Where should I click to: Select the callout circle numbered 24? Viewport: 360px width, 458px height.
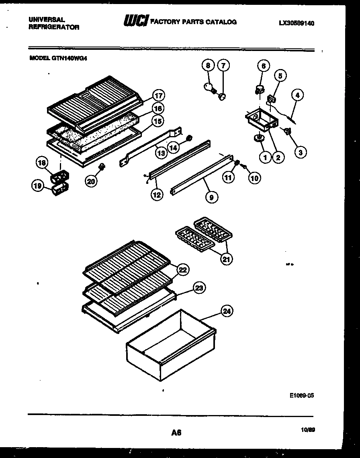(x=227, y=311)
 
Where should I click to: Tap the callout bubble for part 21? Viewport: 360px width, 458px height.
(x=226, y=259)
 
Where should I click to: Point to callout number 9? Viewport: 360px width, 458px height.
(x=211, y=197)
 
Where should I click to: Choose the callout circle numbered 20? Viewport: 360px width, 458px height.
(x=91, y=181)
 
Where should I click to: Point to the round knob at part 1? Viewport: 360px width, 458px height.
(x=259, y=138)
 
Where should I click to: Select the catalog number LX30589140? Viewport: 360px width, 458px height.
(x=296, y=23)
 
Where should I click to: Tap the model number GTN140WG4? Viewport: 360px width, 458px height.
(x=59, y=57)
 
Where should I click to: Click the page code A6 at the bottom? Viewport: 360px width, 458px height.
(x=176, y=432)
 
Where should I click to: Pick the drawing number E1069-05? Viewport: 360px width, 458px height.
(x=301, y=395)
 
